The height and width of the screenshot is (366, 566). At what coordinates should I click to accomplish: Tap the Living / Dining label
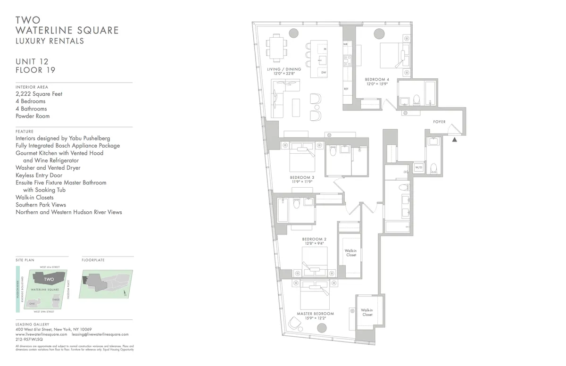click(x=284, y=69)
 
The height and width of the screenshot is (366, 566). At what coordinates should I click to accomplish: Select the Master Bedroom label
click(x=315, y=314)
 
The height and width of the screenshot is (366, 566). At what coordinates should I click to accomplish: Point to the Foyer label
click(x=439, y=122)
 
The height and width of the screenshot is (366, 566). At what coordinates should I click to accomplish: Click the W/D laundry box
click(x=418, y=167)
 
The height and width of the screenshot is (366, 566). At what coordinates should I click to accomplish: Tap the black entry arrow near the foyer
click(x=455, y=140)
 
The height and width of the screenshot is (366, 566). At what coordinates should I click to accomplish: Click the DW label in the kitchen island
click(x=324, y=73)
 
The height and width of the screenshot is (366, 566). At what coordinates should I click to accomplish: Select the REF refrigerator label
click(x=346, y=89)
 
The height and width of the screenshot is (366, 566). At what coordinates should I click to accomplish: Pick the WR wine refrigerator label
click(x=345, y=44)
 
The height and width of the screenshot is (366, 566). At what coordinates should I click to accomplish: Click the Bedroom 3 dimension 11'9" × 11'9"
click(x=301, y=182)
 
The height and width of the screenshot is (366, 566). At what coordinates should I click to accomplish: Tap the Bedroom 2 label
click(x=314, y=239)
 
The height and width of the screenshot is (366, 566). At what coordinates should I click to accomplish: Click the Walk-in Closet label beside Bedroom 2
click(x=350, y=253)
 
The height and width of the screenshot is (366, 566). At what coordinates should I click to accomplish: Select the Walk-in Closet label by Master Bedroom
click(x=366, y=312)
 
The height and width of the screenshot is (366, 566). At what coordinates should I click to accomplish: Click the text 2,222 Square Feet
click(x=39, y=94)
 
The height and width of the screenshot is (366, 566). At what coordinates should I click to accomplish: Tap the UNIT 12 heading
click(x=32, y=61)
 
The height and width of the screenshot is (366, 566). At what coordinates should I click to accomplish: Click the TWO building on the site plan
click(x=49, y=279)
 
